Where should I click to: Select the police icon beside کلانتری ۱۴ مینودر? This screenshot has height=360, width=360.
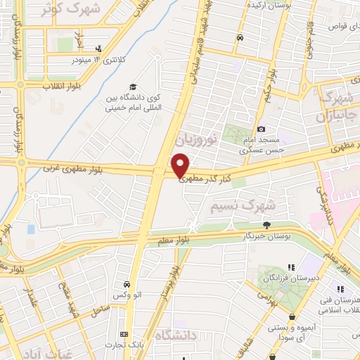(x=98, y=49)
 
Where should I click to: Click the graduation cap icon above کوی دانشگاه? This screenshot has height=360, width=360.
(x=133, y=86)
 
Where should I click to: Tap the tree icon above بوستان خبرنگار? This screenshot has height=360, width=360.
(x=266, y=225)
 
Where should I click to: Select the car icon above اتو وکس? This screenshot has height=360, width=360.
(x=126, y=284)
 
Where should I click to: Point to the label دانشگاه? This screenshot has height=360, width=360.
(x=174, y=335)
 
